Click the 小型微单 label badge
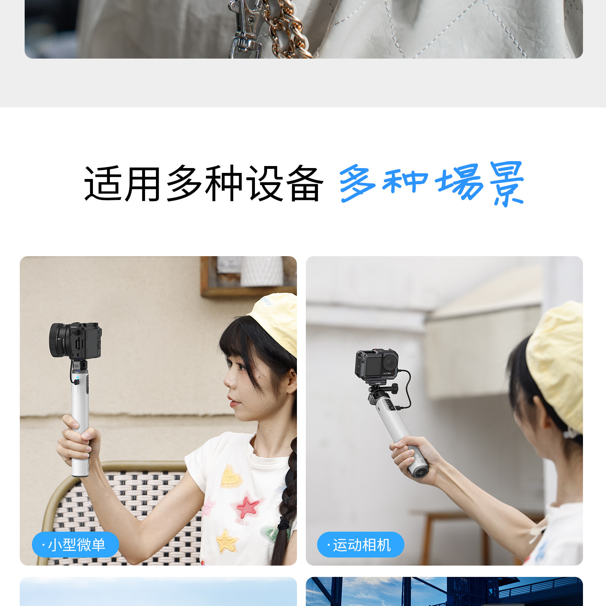76,545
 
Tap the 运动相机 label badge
361,545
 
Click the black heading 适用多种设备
203,184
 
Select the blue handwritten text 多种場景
431,184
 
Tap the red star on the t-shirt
247,507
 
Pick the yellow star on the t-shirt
225,540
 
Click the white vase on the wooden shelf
263,271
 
